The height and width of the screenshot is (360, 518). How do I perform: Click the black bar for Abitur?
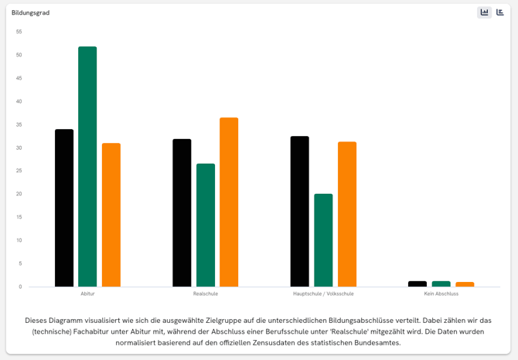point(64,208)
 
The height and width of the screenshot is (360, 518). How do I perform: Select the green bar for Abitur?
point(87,167)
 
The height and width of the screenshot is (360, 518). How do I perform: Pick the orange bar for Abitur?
point(111,215)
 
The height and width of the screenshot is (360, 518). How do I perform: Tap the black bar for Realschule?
point(182,212)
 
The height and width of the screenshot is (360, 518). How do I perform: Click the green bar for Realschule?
point(206,225)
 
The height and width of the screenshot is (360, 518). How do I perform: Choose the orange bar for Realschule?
point(229,202)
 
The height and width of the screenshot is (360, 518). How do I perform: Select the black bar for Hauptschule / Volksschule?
point(299,212)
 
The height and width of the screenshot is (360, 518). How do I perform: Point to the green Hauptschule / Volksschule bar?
point(323,240)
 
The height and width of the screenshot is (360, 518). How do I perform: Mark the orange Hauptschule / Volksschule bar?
point(347,214)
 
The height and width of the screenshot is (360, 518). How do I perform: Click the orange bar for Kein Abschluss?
point(465,284)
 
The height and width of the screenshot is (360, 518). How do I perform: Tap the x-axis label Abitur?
point(87,294)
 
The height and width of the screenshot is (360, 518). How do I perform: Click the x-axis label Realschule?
point(206,294)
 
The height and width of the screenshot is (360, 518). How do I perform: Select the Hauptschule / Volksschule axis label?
point(323,294)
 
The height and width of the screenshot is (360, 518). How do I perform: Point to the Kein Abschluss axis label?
point(441,294)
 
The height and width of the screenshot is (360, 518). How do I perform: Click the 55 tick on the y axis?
point(19,32)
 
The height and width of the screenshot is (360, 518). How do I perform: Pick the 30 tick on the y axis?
point(19,148)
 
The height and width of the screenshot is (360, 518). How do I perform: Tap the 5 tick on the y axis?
point(20,263)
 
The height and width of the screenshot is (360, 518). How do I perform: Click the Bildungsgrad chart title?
point(30,12)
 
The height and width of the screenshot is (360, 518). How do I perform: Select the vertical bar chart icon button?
point(485,12)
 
